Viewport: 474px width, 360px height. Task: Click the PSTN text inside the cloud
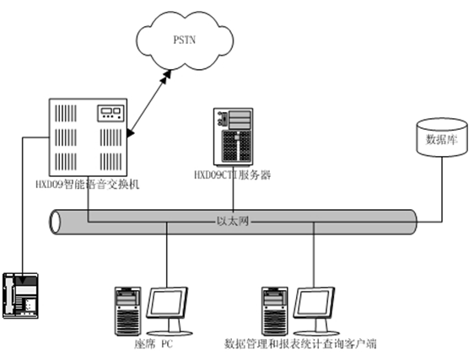(184, 40)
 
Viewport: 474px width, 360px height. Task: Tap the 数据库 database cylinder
(442, 137)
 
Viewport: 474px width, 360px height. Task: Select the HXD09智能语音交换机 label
(88, 184)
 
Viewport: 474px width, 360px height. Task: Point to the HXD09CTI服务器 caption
(232, 175)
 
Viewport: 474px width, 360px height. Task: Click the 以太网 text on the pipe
(233, 221)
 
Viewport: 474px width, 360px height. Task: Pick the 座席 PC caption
(154, 344)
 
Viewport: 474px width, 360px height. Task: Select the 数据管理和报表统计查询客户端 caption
(300, 344)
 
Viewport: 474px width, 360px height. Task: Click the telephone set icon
(20, 296)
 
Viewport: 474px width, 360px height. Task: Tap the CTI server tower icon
(233, 137)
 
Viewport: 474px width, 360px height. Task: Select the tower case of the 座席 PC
(127, 311)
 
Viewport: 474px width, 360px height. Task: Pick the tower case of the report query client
(274, 311)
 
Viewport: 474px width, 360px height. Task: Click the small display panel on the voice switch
(110, 113)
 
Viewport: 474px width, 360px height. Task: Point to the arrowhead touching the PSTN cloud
(166, 75)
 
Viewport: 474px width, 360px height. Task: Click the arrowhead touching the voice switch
(131, 132)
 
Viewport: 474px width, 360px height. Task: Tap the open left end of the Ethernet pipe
(55, 223)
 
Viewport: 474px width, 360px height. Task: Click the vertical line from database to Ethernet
(442, 189)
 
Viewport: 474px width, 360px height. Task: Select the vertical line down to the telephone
(23, 206)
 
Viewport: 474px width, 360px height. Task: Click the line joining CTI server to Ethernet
(233, 188)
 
